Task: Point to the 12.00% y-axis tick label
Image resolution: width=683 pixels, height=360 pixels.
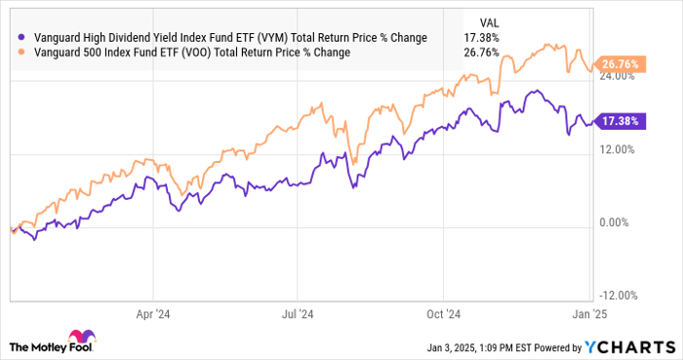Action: click(x=617, y=150)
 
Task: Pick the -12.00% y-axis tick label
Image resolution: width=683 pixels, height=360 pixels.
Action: click(x=616, y=296)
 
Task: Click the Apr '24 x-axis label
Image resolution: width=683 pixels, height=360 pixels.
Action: click(x=154, y=314)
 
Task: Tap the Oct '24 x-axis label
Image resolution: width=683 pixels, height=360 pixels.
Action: click(x=445, y=314)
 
